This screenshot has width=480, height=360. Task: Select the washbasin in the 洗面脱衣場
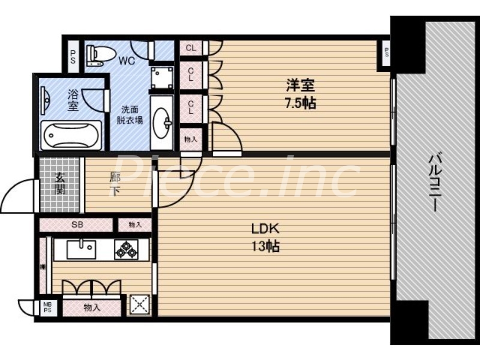[162, 124]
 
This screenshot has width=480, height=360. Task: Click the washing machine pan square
[162, 77]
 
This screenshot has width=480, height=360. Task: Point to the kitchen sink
[81, 248]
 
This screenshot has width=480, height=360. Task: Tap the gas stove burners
[126, 249]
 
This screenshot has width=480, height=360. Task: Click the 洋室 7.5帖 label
[301, 94]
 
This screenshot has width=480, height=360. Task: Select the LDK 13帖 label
[265, 237]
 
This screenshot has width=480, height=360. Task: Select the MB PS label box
[48, 308]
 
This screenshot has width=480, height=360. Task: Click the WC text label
[126, 60]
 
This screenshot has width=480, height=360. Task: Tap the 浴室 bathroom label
[73, 100]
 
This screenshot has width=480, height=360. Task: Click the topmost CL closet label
[191, 48]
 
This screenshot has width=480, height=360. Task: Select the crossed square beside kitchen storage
[140, 305]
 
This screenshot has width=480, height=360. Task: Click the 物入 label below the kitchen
[92, 307]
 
